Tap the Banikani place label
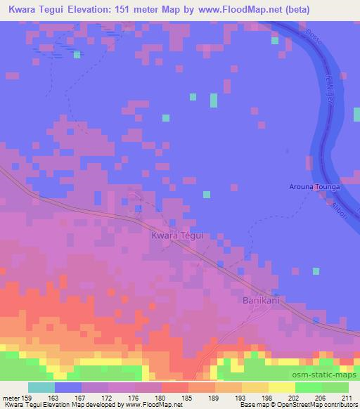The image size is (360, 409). point(262,300)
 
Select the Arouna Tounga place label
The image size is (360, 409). point(314,188)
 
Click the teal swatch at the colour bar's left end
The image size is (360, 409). point(41,387)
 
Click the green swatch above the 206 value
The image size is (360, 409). point(307,387)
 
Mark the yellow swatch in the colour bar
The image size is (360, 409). point(281,387)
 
